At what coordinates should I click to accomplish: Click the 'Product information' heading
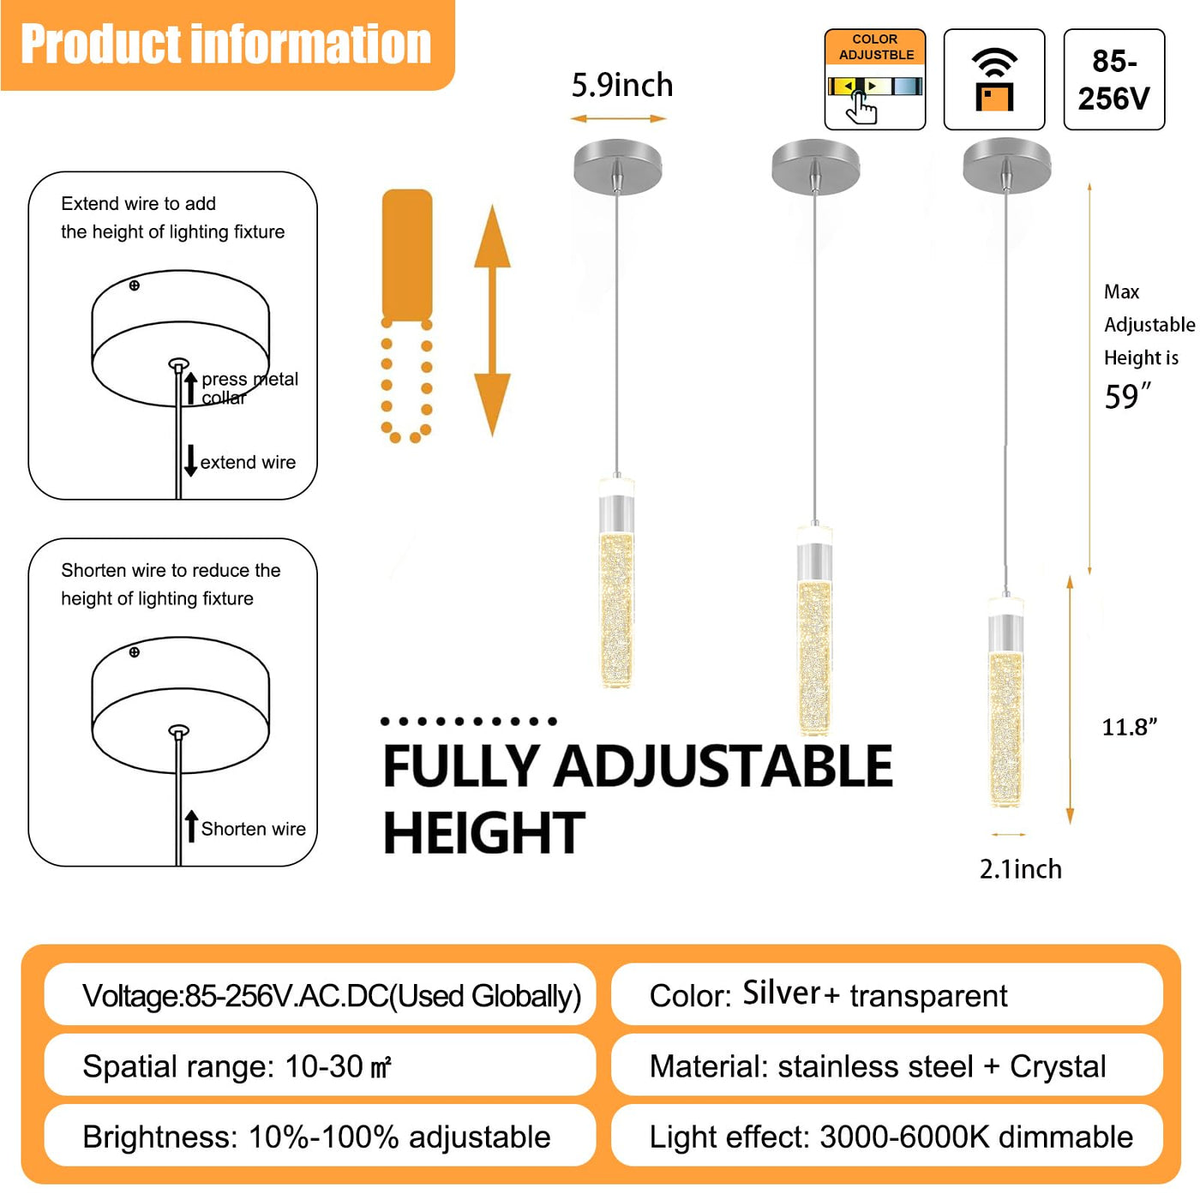(x=225, y=44)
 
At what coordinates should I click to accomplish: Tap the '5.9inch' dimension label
(x=622, y=85)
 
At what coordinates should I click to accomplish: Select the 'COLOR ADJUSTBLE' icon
(x=874, y=79)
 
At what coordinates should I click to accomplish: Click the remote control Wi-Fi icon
(x=994, y=79)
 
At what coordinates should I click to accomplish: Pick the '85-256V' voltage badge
(x=1113, y=79)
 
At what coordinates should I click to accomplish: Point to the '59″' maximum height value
(x=1127, y=396)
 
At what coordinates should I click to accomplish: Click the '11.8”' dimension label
(x=1129, y=727)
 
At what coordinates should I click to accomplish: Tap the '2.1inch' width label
(x=1020, y=868)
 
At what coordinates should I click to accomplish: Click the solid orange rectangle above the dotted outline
(x=407, y=254)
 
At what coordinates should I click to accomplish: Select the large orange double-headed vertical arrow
(x=492, y=320)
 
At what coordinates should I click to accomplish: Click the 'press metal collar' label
(x=249, y=388)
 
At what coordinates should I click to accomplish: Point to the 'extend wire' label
(x=248, y=462)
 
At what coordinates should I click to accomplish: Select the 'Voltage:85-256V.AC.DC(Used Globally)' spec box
(x=320, y=995)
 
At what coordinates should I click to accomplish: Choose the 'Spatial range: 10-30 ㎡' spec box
(x=320, y=1066)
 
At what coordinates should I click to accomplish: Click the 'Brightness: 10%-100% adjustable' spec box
(x=320, y=1137)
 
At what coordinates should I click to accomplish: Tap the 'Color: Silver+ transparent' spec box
(x=887, y=995)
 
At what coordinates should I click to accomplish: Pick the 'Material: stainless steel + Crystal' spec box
(x=887, y=1066)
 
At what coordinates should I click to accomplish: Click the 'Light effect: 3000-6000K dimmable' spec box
(x=887, y=1137)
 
